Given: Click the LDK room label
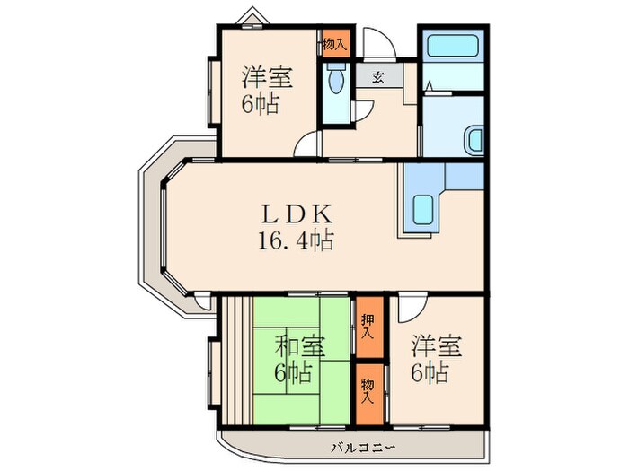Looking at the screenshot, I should [297, 215].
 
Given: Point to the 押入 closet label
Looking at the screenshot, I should [368, 325].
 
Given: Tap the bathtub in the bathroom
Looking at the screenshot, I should [454, 48].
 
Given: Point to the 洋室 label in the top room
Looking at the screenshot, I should [265, 77].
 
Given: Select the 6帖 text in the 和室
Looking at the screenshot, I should [294, 371].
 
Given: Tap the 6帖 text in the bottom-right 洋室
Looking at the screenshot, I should [431, 371].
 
